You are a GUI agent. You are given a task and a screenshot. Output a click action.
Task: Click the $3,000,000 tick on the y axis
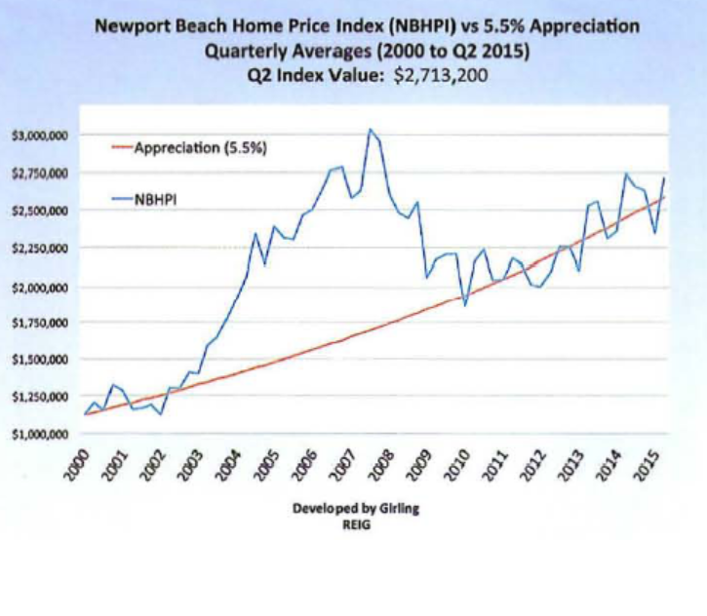click(x=37, y=136)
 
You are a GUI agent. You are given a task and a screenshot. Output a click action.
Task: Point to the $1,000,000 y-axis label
click(x=37, y=435)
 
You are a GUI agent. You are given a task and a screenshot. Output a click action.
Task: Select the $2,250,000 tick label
click(x=37, y=250)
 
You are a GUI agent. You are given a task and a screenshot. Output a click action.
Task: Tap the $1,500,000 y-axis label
click(x=37, y=360)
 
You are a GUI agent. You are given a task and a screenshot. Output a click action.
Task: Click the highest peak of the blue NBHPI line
click(x=370, y=129)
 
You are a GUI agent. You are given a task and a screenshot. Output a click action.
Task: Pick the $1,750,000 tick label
click(x=37, y=323)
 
